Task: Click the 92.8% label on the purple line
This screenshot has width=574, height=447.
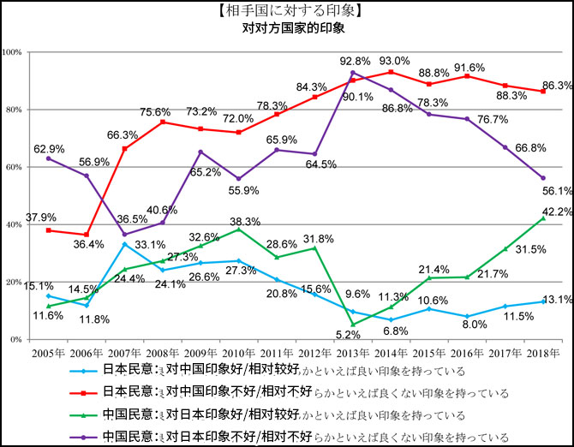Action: click(x=355, y=62)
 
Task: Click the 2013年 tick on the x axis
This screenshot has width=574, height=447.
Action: click(x=355, y=352)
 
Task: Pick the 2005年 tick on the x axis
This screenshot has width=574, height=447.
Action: click(x=49, y=352)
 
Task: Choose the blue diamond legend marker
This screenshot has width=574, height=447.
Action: click(x=85, y=372)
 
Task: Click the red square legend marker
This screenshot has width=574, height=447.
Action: click(x=85, y=393)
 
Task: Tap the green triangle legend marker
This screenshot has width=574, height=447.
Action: click(x=85, y=414)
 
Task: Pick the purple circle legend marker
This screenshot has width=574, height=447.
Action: click(x=85, y=435)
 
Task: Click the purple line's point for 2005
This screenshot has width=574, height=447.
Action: click(x=49, y=158)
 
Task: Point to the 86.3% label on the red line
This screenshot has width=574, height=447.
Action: click(x=558, y=86)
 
